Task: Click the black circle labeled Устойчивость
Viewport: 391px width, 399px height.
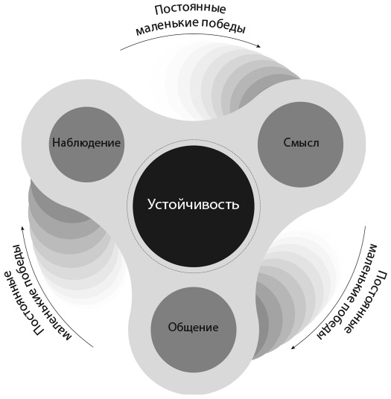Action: pyautogui.click(x=194, y=206)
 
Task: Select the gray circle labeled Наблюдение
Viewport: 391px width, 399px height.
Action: pyautogui.click(x=86, y=144)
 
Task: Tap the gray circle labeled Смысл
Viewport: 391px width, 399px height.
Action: pyautogui.click(x=300, y=144)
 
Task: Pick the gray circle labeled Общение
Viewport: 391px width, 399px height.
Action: pyautogui.click(x=194, y=330)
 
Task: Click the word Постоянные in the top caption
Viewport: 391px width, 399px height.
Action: pyautogui.click(x=190, y=10)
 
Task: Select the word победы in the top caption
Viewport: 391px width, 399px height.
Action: pyautogui.click(x=224, y=26)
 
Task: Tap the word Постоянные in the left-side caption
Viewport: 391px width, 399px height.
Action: pyautogui.click(x=24, y=290)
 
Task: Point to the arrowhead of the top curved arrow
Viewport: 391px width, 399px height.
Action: pyautogui.click(x=258, y=46)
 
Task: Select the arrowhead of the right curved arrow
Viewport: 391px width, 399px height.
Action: pyautogui.click(x=294, y=347)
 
